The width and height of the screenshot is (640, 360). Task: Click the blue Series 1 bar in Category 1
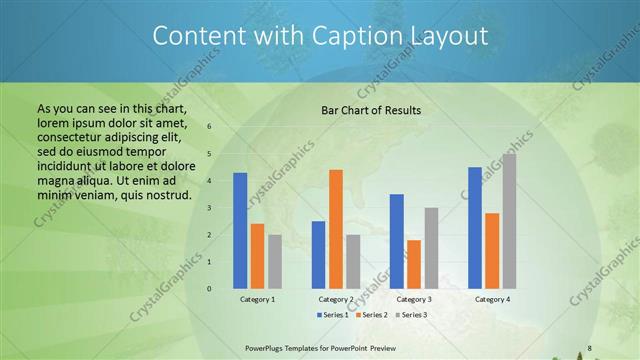[240, 230]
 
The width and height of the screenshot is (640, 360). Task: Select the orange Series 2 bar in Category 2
[335, 229]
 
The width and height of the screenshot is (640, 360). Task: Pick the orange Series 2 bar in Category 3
[413, 264]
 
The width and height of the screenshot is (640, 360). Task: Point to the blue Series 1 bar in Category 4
[475, 227]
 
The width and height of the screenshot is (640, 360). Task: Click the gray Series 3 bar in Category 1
[274, 261]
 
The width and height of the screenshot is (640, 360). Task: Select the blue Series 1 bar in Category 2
[318, 254]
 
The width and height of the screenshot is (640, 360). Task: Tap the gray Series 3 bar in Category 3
[430, 248]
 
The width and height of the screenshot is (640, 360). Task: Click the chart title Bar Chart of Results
[370, 110]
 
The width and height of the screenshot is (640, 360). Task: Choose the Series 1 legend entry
[334, 315]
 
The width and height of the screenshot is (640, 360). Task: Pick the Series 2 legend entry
[371, 315]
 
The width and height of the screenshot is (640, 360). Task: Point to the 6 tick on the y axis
[210, 127]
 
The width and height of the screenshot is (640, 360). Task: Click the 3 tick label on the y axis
[210, 208]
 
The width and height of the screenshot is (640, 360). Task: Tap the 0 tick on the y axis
[210, 289]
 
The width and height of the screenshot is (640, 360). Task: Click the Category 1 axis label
[257, 299]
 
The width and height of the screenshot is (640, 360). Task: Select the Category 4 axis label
[492, 299]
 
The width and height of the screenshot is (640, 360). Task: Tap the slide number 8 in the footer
[589, 348]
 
